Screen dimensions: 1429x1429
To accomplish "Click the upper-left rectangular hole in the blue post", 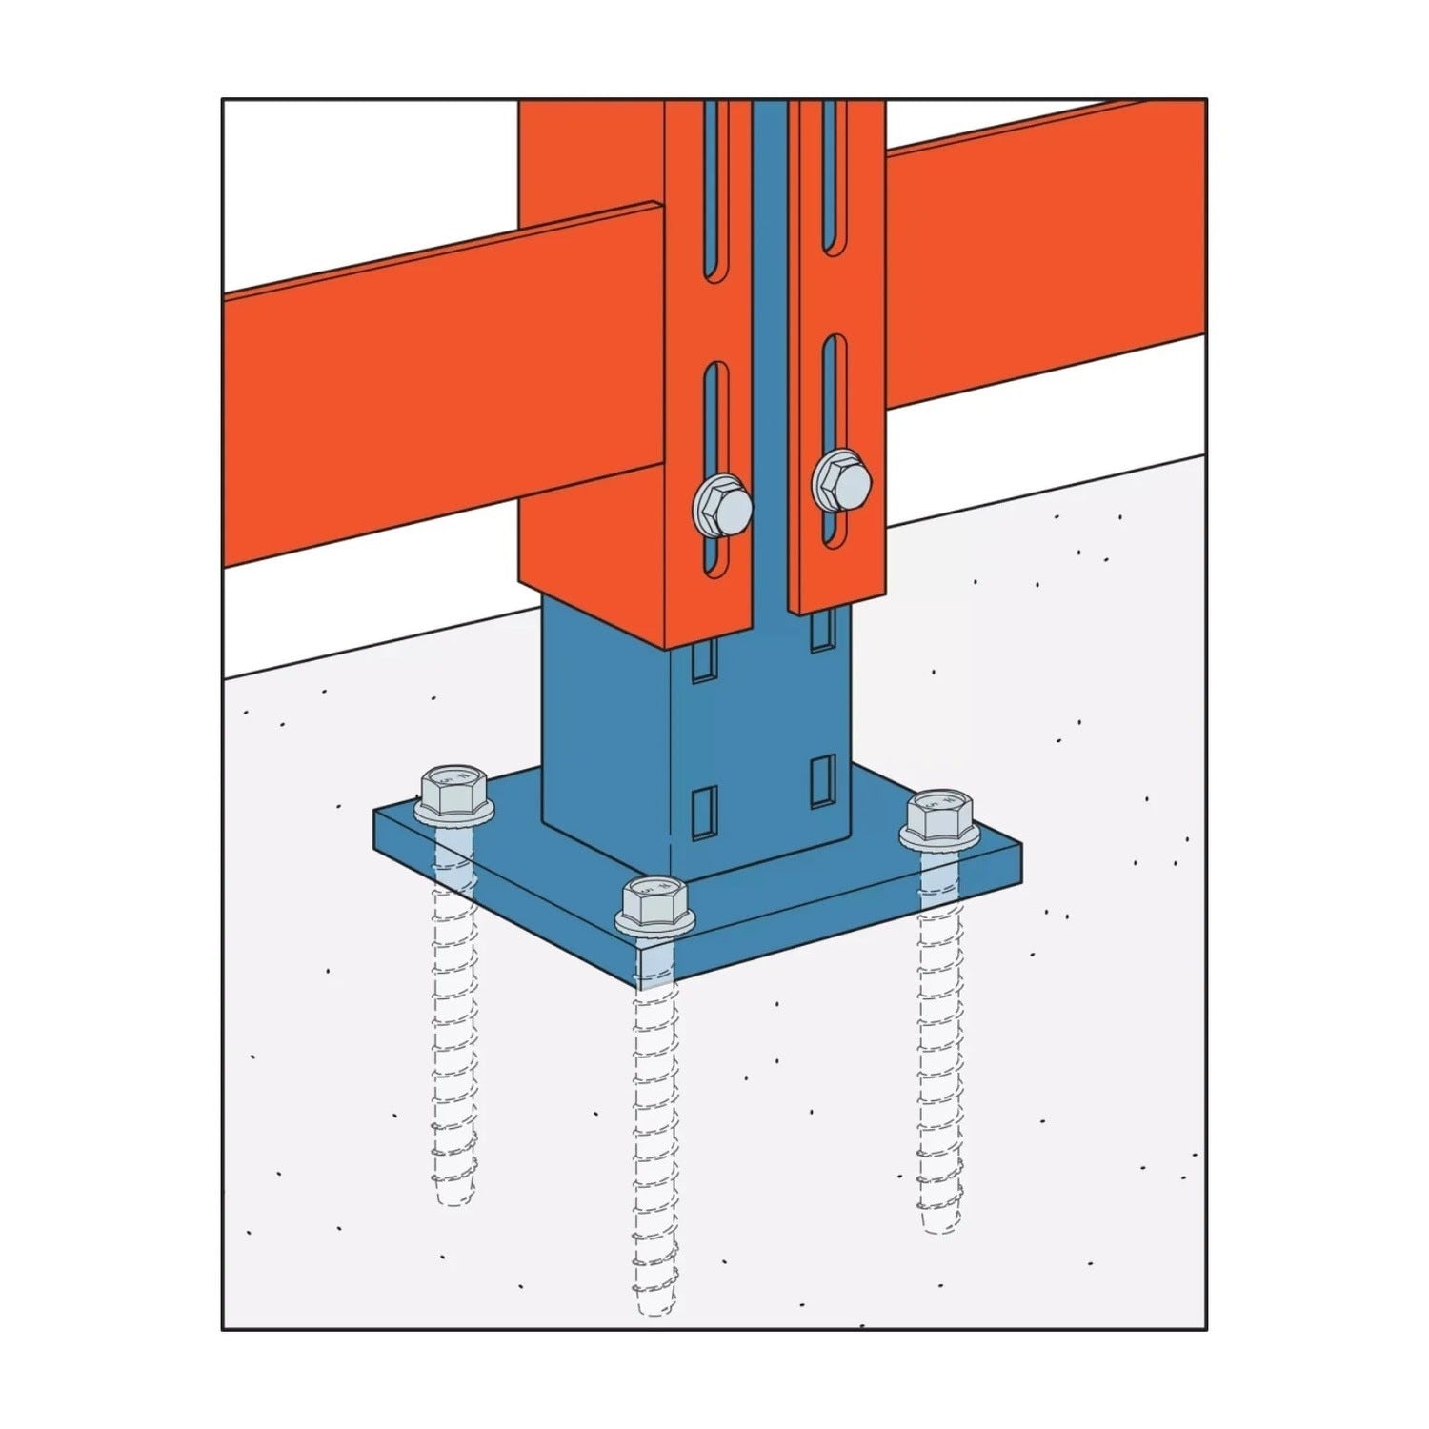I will [x=702, y=663].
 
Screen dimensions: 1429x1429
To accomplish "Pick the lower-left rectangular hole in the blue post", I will [x=702, y=815].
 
